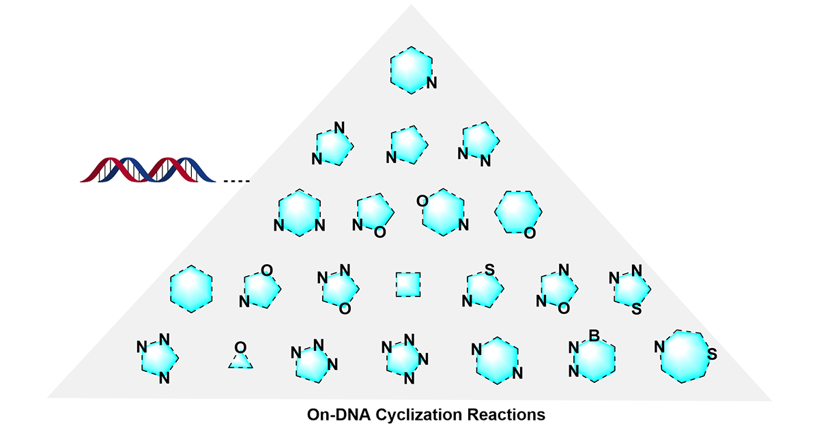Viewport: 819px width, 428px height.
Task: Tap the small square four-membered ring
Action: pos(408,285)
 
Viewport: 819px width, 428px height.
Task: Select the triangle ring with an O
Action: pos(240,358)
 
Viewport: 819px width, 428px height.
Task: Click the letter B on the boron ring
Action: pos(594,335)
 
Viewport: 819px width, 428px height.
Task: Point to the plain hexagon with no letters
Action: pos(191,288)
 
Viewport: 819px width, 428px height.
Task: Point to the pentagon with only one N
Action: pos(409,145)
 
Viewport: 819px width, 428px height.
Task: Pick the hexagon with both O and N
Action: pos(443,213)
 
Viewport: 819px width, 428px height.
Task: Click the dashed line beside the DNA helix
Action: pos(237,181)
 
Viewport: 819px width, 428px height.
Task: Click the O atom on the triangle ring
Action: pos(240,348)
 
